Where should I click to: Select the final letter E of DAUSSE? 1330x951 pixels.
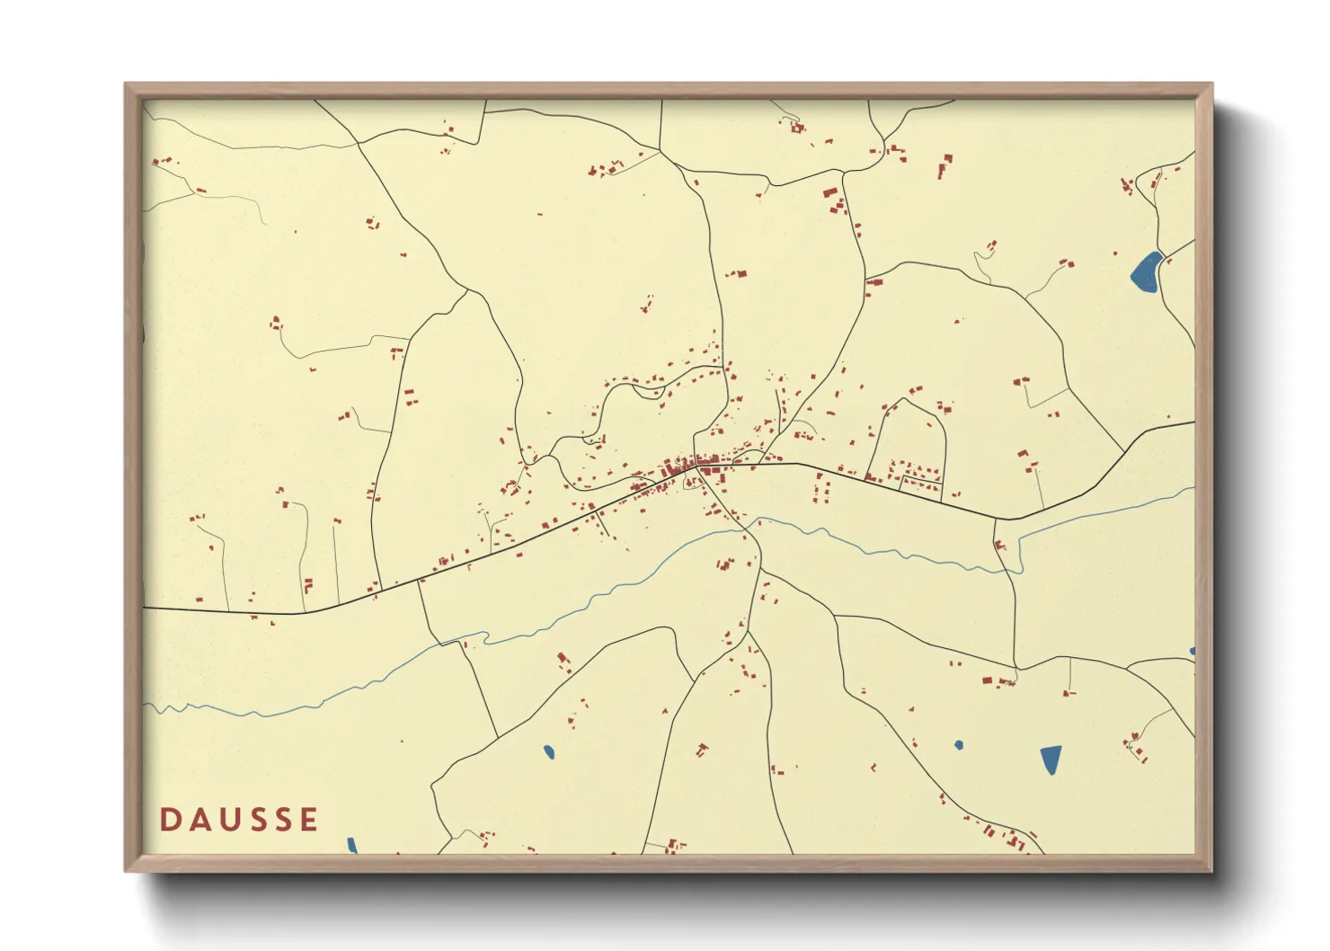click(x=309, y=819)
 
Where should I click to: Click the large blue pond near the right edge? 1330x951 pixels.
click(x=1146, y=272)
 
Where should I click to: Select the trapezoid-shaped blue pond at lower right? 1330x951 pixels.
click(x=1051, y=759)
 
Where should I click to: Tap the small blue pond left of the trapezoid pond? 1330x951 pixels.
click(x=959, y=745)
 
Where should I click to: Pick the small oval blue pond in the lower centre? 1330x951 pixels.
click(x=548, y=751)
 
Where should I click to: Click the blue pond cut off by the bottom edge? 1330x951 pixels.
click(x=352, y=845)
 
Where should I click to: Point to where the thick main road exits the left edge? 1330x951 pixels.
click(x=146, y=609)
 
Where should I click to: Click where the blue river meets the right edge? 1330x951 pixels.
click(x=1193, y=489)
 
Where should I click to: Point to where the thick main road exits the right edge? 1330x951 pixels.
click(x=1193, y=422)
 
